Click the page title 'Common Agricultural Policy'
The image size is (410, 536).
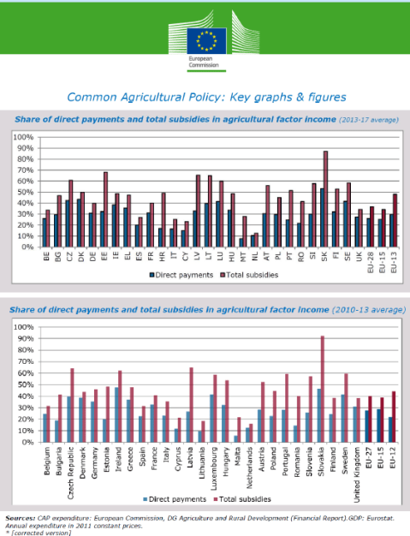tap(207, 98)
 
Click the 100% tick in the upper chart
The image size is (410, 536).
tap(21, 137)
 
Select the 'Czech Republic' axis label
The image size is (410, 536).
tap(71, 467)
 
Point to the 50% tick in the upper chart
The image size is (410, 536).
tap(23, 192)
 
